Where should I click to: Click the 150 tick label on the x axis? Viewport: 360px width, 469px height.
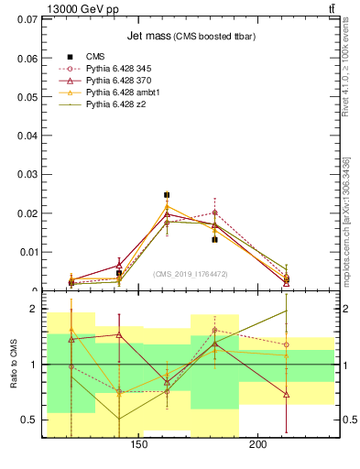[x=139, y=446]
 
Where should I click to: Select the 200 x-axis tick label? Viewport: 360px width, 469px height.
[x=257, y=446]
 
